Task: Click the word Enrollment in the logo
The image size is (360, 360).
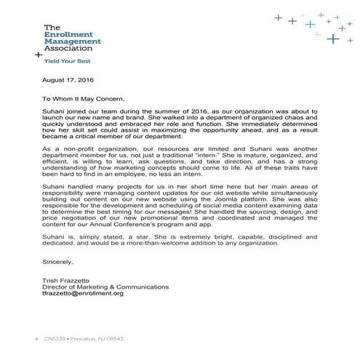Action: coord(67,34)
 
